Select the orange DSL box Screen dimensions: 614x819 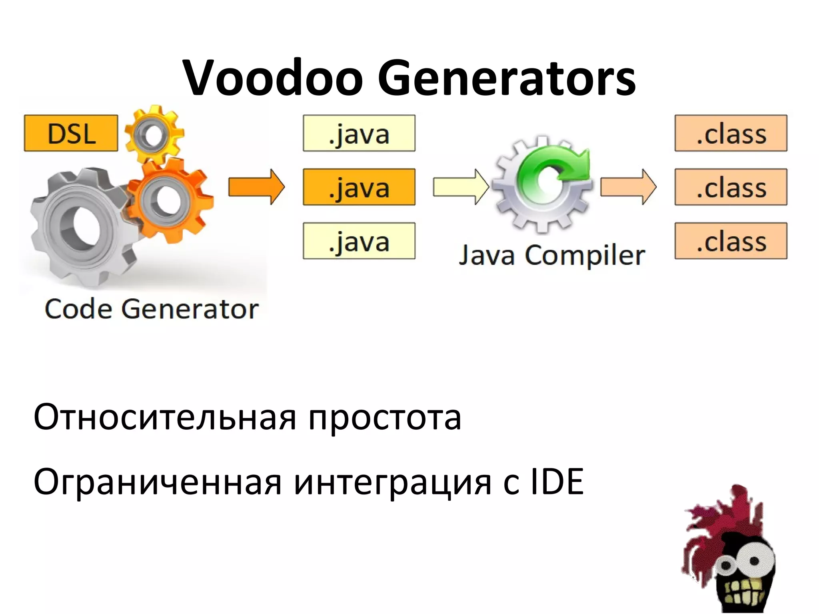[71, 133]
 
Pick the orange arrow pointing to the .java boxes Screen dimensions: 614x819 [256, 187]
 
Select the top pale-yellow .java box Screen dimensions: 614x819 [359, 133]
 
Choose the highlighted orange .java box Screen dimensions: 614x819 [359, 187]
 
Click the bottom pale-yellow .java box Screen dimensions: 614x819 [359, 241]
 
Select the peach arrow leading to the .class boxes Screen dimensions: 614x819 [628, 187]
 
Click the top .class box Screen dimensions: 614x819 [731, 133]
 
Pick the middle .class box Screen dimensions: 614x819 [731, 187]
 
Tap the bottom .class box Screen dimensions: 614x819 [731, 241]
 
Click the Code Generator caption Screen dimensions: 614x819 [152, 309]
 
